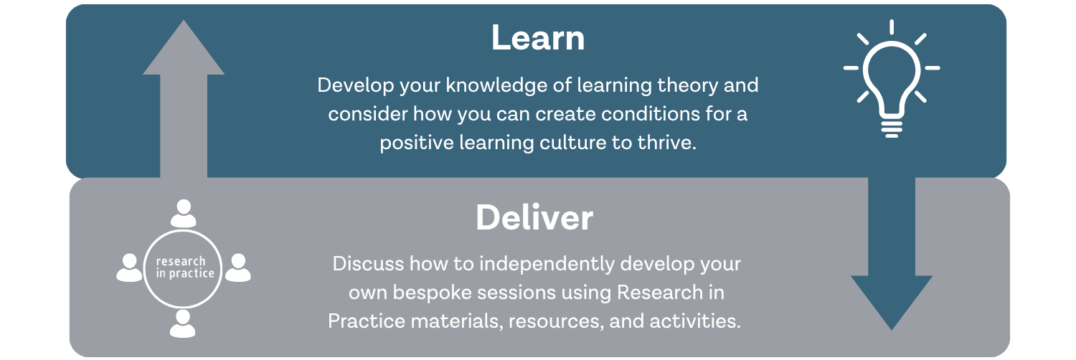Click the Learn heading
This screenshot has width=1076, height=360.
[538, 38]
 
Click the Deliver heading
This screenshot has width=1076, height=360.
[534, 218]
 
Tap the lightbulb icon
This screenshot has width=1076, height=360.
[892, 79]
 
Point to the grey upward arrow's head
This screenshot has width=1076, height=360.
[184, 47]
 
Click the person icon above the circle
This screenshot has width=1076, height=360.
[184, 214]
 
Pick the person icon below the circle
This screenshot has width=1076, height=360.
[182, 323]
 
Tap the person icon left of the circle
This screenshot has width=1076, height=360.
[129, 267]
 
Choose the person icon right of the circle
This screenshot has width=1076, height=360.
[238, 267]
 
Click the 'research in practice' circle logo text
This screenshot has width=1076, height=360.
[185, 267]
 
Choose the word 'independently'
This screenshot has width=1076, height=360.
[547, 265]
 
